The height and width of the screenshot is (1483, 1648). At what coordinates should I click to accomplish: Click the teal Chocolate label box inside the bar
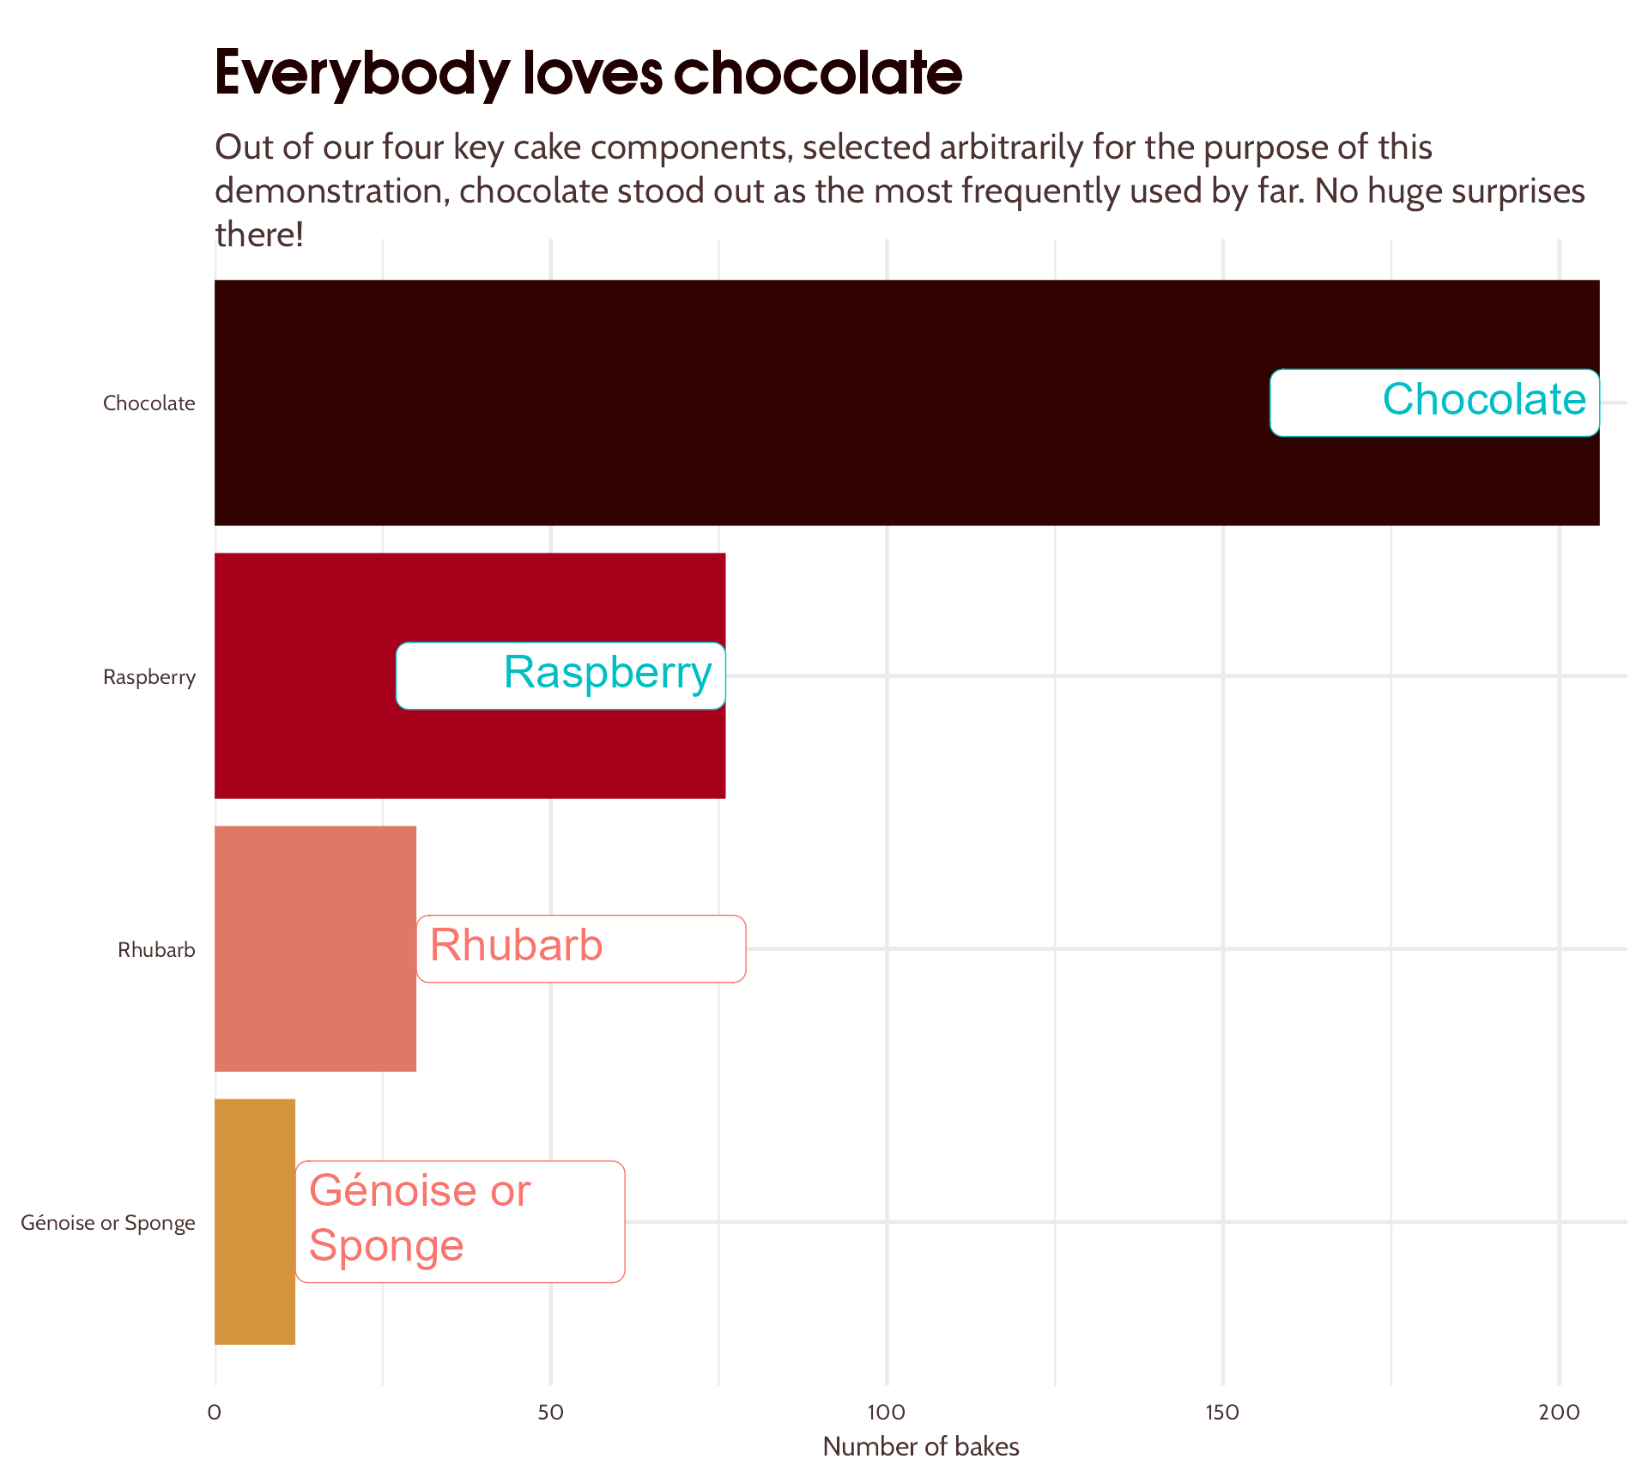click(1434, 403)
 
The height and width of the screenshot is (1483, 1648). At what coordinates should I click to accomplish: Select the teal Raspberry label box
click(560, 675)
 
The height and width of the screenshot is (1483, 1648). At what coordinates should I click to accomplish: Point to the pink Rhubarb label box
click(581, 948)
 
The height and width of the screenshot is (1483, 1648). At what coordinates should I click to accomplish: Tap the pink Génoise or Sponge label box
click(460, 1221)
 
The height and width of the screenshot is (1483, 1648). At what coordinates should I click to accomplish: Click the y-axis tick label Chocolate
click(149, 403)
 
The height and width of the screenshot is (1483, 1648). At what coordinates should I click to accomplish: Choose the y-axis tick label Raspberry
click(149, 677)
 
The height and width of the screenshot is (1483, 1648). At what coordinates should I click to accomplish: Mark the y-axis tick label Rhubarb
click(156, 950)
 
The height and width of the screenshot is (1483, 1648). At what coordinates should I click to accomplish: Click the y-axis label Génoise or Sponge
click(108, 1223)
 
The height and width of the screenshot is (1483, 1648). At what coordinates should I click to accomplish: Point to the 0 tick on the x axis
click(215, 1412)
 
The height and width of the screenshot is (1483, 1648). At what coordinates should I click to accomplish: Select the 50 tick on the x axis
click(550, 1412)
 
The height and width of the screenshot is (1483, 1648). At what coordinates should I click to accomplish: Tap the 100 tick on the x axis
click(886, 1412)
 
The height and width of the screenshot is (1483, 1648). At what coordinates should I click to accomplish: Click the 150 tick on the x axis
click(1222, 1412)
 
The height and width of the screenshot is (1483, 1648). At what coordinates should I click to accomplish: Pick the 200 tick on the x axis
click(1559, 1412)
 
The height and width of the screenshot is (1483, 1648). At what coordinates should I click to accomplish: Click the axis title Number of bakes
click(921, 1447)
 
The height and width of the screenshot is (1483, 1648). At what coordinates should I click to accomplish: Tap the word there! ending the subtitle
click(259, 234)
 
